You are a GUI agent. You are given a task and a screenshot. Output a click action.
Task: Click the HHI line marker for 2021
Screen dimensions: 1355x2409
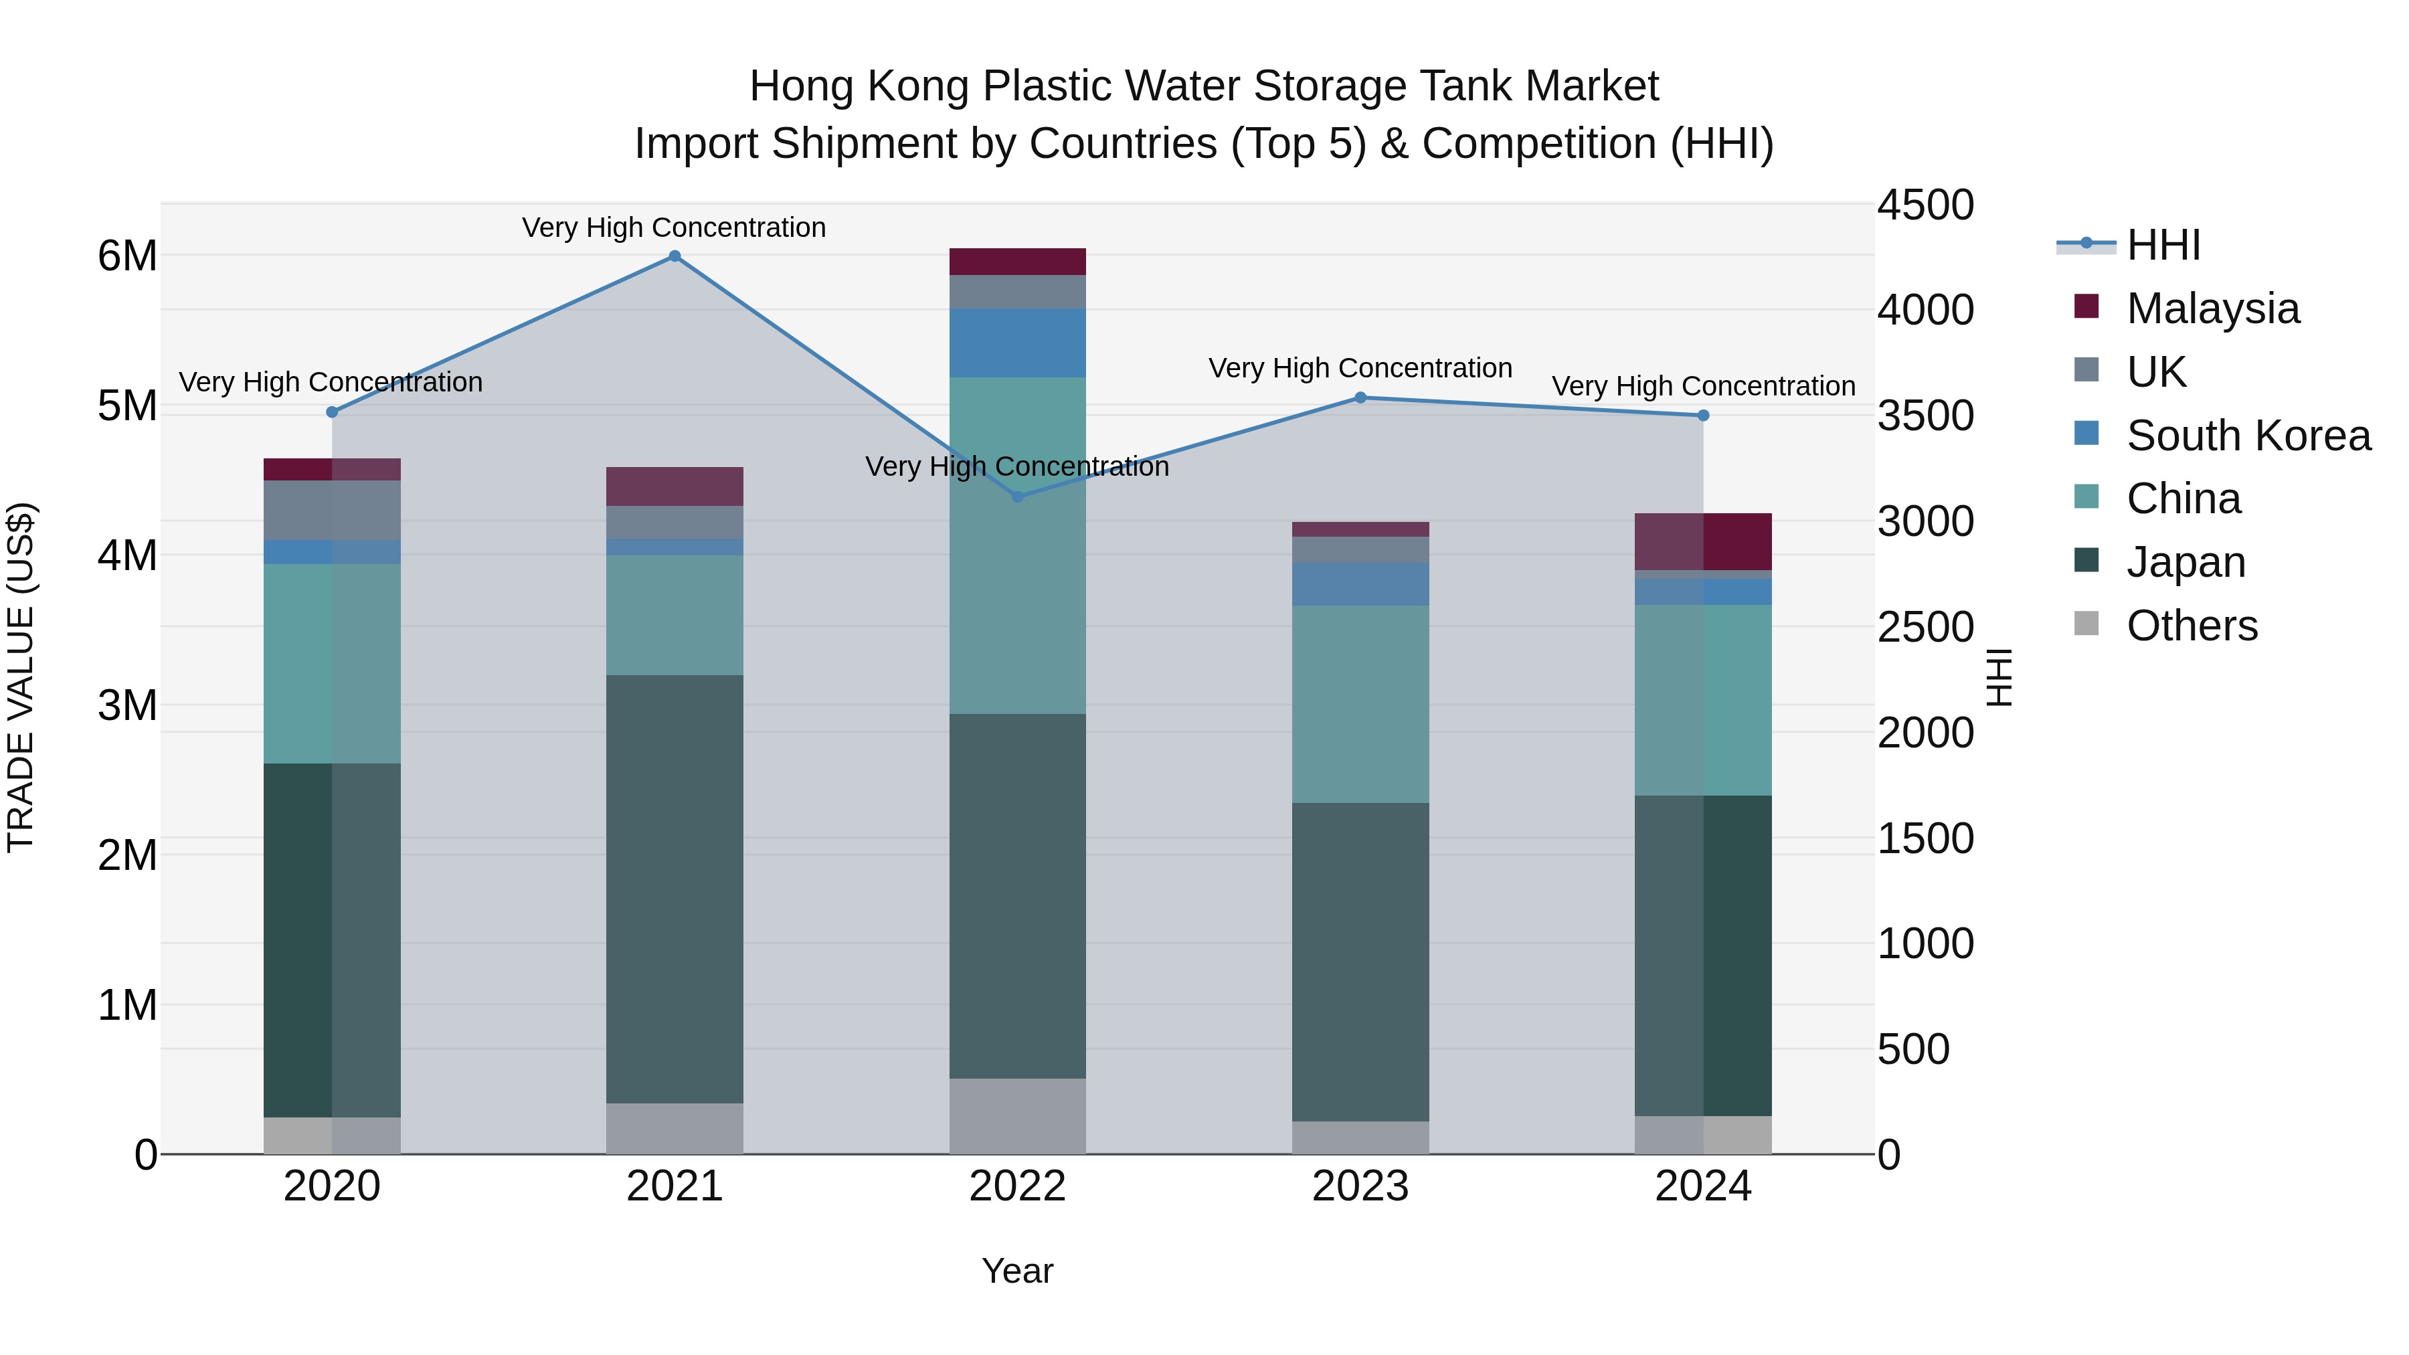[x=675, y=256]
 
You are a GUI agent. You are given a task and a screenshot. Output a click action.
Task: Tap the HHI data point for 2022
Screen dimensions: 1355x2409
[x=1017, y=496]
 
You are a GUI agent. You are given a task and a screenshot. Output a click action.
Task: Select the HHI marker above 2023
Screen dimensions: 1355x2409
[x=1360, y=397]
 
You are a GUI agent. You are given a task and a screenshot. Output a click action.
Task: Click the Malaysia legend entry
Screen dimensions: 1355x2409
[x=2212, y=308]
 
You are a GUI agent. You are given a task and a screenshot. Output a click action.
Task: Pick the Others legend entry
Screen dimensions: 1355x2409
[x=2191, y=626]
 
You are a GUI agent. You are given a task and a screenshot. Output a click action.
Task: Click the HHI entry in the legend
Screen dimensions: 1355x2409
[x=2163, y=245]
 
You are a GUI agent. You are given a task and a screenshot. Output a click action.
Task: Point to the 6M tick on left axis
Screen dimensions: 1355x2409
[x=127, y=256]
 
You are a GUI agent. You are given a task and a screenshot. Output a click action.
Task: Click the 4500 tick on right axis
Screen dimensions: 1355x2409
[x=1925, y=205]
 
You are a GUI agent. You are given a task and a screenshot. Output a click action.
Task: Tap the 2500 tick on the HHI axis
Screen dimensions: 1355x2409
[x=1925, y=628]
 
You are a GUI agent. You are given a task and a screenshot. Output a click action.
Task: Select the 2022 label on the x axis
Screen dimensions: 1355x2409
[x=1017, y=1186]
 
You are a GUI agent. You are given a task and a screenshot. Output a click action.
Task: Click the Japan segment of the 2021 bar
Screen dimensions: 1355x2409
[x=675, y=889]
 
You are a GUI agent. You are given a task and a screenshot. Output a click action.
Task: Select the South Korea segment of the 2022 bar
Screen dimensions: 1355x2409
[x=1017, y=343]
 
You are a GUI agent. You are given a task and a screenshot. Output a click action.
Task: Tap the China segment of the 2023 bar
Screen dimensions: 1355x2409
[x=1360, y=703]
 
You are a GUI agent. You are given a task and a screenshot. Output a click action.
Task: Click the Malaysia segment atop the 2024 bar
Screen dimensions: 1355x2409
[x=1703, y=541]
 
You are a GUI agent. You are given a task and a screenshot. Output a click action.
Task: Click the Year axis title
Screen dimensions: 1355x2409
[x=1017, y=1271]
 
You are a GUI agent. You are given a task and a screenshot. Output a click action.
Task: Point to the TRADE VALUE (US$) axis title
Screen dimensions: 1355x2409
[x=21, y=677]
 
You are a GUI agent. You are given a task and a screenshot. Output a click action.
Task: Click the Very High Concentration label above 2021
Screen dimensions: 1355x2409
[x=675, y=228]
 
